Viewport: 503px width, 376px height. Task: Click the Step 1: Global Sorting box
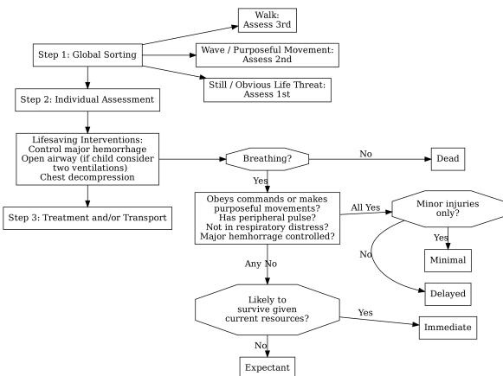(87, 55)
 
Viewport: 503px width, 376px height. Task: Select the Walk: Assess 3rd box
(268, 20)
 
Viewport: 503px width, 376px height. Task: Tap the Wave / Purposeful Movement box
(268, 55)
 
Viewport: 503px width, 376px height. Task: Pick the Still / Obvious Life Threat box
(268, 90)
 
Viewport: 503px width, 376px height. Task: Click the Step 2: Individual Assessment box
(87, 100)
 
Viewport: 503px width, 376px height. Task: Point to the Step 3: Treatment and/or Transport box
(87, 218)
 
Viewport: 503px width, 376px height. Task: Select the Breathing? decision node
(268, 159)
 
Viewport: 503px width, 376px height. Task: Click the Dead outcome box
(448, 159)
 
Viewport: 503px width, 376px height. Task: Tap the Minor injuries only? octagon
(448, 209)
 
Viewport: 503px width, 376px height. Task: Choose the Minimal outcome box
(448, 260)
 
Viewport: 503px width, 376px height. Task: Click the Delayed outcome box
(448, 294)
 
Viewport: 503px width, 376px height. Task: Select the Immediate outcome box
(448, 328)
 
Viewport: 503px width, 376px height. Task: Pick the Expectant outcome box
(268, 367)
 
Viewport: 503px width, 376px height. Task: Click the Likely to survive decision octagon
(268, 309)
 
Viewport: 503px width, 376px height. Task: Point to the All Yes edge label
(365, 207)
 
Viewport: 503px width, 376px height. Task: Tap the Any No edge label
(261, 264)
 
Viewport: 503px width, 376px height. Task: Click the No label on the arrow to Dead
(365, 154)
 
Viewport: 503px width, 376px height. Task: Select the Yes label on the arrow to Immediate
(365, 313)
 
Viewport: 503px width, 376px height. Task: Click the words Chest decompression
(87, 177)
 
